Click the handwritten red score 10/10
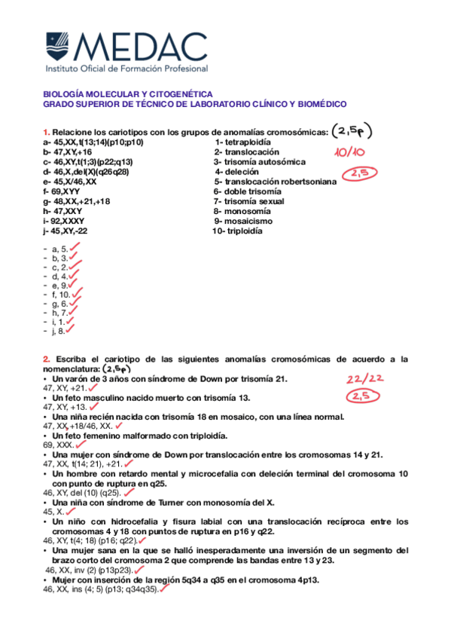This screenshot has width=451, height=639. click(349, 153)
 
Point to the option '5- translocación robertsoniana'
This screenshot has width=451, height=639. click(275, 182)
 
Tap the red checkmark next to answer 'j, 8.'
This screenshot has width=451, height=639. click(71, 329)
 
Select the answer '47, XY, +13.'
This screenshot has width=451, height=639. click(66, 406)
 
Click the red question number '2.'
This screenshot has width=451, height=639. click(47, 359)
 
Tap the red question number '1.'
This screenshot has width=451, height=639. click(47, 132)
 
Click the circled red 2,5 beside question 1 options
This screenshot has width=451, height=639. click(358, 175)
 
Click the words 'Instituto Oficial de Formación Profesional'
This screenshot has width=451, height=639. click(126, 69)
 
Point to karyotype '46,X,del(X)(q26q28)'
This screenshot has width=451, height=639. click(86, 172)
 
